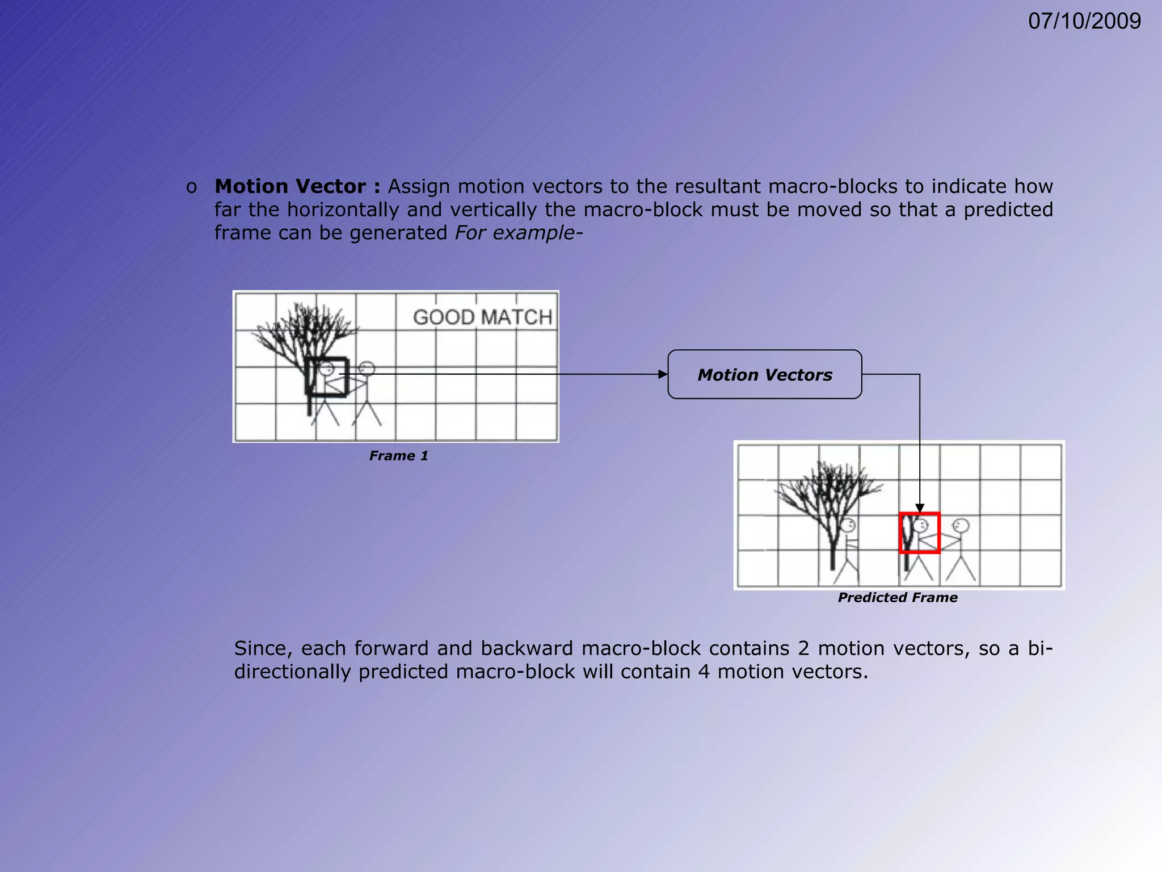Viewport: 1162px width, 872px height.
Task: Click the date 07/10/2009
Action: pyautogui.click(x=1084, y=22)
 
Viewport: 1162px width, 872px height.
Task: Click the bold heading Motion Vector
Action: pyautogui.click(x=290, y=186)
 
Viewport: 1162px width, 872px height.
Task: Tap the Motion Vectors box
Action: pyautogui.click(x=764, y=375)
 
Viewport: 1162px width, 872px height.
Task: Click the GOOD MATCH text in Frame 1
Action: pyautogui.click(x=482, y=317)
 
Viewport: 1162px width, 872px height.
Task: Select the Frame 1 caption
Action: pyautogui.click(x=398, y=456)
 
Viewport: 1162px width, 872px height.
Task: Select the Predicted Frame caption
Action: pyautogui.click(x=897, y=598)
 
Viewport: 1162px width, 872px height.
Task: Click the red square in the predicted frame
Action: pyautogui.click(x=920, y=533)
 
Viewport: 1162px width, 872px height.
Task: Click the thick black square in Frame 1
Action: pyautogui.click(x=326, y=377)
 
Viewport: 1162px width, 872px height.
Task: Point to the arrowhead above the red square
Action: pyautogui.click(x=920, y=508)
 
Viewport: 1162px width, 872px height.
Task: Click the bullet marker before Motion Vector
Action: pyautogui.click(x=192, y=187)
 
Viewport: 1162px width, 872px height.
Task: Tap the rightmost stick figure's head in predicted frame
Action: pyautogui.click(x=961, y=526)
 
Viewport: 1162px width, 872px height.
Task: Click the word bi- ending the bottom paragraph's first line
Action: pyautogui.click(x=1040, y=648)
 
